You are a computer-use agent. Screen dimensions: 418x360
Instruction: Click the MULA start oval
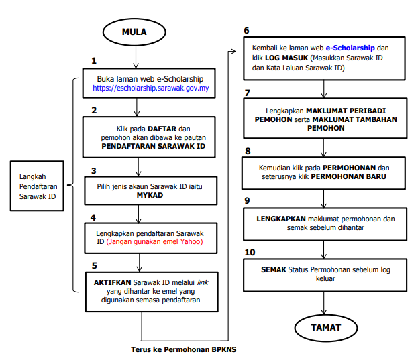coord(134,32)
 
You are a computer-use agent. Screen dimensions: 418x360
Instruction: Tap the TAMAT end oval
coord(326,328)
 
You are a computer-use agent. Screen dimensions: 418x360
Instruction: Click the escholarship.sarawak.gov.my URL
coord(150,88)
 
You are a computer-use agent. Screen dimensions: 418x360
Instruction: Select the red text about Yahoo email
coord(154,241)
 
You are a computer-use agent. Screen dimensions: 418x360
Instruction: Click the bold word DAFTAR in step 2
coord(162,129)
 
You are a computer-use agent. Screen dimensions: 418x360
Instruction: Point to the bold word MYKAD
coord(150,195)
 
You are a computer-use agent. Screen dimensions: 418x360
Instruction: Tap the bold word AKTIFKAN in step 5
coord(112,282)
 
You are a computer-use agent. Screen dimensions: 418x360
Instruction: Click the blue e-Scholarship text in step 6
coord(350,48)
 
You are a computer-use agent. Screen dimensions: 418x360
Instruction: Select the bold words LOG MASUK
coord(286,58)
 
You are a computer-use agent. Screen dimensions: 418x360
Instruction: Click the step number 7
coord(248,93)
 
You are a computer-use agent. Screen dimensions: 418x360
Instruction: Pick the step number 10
coord(250,252)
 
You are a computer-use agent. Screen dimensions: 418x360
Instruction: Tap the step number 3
coord(93,171)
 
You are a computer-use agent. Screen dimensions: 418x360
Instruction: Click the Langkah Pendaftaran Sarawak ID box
coord(37,186)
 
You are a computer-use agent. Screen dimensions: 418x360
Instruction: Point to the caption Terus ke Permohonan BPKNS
coord(183,349)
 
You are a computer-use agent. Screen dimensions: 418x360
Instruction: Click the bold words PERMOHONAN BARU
coord(348,176)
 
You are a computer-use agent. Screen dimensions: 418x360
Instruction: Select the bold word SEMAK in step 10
coord(274,269)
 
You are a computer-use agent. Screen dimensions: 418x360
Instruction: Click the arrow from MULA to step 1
coord(136,57)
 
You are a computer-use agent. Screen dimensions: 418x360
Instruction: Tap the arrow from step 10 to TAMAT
coord(323,303)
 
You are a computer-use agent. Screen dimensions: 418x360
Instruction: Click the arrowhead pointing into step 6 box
coord(233,52)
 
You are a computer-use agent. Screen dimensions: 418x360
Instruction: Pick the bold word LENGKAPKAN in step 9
coord(281,219)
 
